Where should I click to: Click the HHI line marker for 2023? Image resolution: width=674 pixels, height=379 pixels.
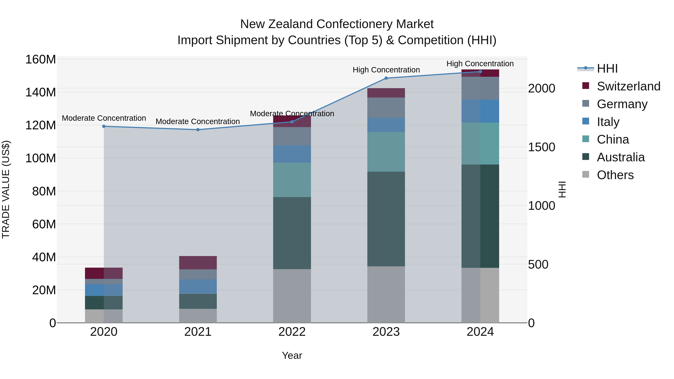pyautogui.click(x=386, y=78)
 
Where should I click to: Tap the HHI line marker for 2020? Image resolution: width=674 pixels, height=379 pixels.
pyautogui.click(x=104, y=126)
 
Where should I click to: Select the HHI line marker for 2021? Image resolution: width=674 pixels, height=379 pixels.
pyautogui.click(x=198, y=130)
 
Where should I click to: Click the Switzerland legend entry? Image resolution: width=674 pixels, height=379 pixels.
pyautogui.click(x=628, y=86)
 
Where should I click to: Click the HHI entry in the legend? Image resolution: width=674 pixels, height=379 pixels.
pyautogui.click(x=607, y=69)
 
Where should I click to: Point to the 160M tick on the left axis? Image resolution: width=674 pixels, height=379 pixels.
pyautogui.click(x=41, y=60)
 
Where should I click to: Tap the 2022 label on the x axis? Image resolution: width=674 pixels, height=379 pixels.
pyautogui.click(x=292, y=332)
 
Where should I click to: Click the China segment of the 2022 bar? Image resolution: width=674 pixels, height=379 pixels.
pyautogui.click(x=292, y=180)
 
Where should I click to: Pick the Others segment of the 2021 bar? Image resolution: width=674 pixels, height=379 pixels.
pyautogui.click(x=198, y=316)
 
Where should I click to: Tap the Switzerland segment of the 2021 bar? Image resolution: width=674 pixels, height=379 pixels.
pyautogui.click(x=198, y=263)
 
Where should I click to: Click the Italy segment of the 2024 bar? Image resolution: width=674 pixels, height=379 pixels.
pyautogui.click(x=480, y=111)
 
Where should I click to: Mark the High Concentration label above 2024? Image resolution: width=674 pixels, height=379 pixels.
pyautogui.click(x=480, y=64)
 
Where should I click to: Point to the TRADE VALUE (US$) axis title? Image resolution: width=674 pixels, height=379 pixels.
pyautogui.click(x=6, y=189)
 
